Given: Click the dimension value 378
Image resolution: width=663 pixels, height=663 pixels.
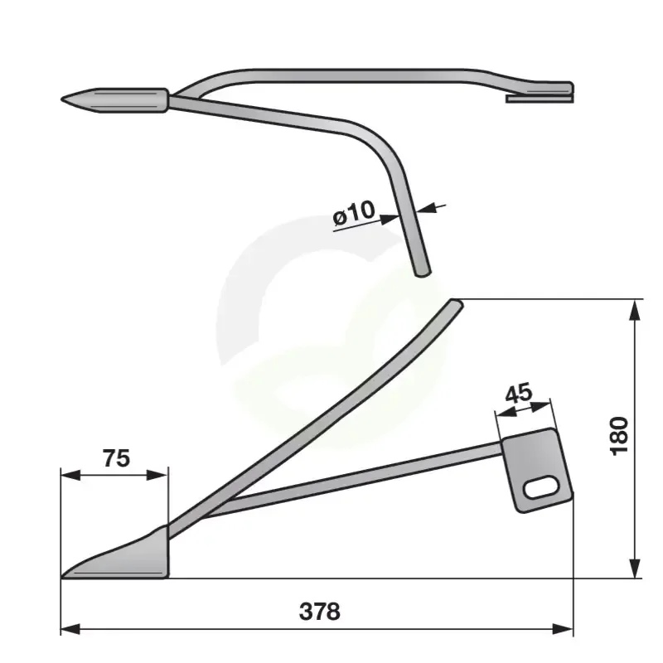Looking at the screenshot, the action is (319, 612).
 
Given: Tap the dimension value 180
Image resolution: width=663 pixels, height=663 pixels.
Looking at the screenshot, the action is (619, 436).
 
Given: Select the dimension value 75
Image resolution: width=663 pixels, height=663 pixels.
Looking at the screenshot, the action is (116, 458).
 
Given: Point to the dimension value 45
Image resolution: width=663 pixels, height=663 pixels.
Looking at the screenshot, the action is (519, 393).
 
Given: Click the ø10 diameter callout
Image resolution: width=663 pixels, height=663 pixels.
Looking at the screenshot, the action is (354, 212).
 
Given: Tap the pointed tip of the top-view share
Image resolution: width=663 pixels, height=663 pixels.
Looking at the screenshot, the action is (61, 99).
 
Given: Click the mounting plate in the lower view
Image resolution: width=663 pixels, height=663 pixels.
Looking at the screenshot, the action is (537, 470).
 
